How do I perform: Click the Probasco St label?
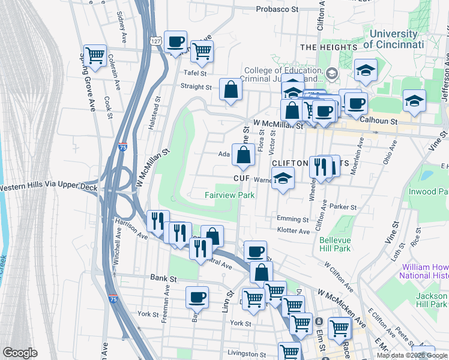pyautogui.click(x=277, y=9)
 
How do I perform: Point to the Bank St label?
pyautogui.click(x=163, y=278)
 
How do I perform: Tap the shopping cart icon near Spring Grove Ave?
pyautogui.click(x=95, y=56)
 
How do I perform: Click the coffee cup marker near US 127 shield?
pyautogui.click(x=175, y=42)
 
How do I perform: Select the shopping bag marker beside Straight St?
pyautogui.click(x=231, y=91)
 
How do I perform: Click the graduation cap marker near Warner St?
pyautogui.click(x=283, y=178)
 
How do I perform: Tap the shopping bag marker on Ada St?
pyautogui.click(x=243, y=155)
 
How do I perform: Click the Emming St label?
pyautogui.click(x=293, y=220)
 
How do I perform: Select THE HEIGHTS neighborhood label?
pyautogui.click(x=325, y=47)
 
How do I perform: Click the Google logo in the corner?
pyautogui.click(x=20, y=353)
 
